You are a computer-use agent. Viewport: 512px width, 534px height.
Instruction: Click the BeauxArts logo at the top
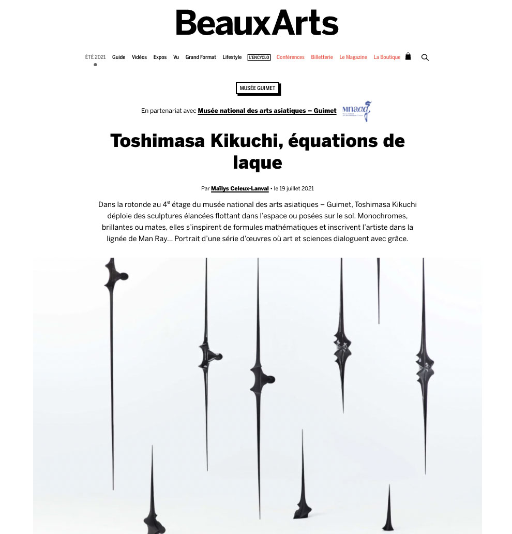pyautogui.click(x=257, y=23)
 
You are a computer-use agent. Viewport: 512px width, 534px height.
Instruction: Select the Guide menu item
pyautogui.click(x=119, y=57)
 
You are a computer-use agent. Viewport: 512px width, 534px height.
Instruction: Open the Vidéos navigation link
pyautogui.click(x=139, y=57)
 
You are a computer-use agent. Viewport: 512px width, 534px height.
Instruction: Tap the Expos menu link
pyautogui.click(x=160, y=57)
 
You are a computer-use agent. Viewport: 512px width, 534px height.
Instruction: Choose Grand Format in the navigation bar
pyautogui.click(x=201, y=57)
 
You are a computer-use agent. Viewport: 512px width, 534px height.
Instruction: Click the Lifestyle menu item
pyautogui.click(x=232, y=57)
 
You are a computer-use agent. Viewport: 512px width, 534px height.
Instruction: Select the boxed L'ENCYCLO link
pyautogui.click(x=259, y=57)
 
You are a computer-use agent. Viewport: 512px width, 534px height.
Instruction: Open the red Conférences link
pyautogui.click(x=291, y=57)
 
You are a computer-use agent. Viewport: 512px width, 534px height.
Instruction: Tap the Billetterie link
pyautogui.click(x=322, y=57)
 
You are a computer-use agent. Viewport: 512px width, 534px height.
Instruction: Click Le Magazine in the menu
pyautogui.click(x=353, y=57)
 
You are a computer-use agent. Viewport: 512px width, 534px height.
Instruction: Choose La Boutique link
pyautogui.click(x=387, y=57)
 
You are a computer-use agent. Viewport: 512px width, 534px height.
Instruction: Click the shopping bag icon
pyautogui.click(x=408, y=57)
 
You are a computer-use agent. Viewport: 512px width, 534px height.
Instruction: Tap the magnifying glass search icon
pyautogui.click(x=425, y=57)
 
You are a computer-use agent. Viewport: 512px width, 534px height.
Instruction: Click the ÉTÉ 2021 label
pyautogui.click(x=96, y=57)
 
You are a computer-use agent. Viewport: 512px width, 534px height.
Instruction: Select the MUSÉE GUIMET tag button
pyautogui.click(x=258, y=88)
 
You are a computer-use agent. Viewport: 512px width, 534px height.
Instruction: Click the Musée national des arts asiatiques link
pyautogui.click(x=267, y=111)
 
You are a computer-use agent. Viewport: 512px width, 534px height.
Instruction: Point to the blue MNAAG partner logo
pyautogui.click(x=361, y=111)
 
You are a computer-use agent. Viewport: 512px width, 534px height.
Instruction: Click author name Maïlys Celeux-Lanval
pyautogui.click(x=240, y=189)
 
